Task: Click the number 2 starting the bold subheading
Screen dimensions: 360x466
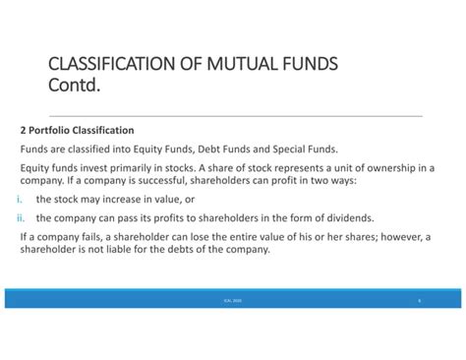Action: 23,130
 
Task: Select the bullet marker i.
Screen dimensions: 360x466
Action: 22,199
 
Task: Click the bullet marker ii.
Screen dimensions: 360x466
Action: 21,217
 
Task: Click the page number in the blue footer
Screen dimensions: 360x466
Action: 420,299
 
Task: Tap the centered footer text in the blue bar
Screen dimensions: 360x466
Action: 233,299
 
